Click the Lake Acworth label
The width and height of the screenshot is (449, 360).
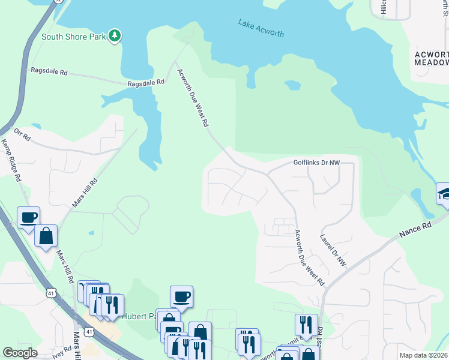pos(261,28)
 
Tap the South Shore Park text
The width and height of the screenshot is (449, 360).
pos(73,37)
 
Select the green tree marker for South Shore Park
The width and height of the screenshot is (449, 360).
pos(115,37)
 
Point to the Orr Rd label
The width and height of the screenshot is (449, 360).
pos(22,137)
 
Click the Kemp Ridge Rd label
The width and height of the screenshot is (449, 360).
pos(11,161)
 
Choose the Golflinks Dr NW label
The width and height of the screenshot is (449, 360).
pos(316,163)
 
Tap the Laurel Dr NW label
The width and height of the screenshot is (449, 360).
pos(334,250)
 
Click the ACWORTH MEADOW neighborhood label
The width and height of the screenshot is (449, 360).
pos(432,58)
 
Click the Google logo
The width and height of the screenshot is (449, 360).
pos(20,353)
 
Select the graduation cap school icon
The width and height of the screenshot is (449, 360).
pos(444,194)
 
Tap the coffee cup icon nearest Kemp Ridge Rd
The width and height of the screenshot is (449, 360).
pos(28,217)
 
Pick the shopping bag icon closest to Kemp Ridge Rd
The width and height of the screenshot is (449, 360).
pos(46,236)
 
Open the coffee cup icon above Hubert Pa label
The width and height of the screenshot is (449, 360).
pos(181,296)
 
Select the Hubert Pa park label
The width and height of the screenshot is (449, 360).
pos(139,316)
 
